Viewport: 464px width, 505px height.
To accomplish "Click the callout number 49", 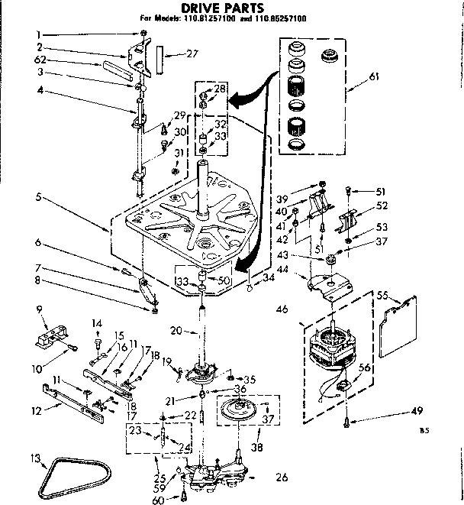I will [416, 411].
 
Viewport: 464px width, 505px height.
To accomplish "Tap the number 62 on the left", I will [40, 60].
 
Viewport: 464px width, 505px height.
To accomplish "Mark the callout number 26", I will [281, 478].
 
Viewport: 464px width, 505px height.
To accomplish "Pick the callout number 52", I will [382, 205].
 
